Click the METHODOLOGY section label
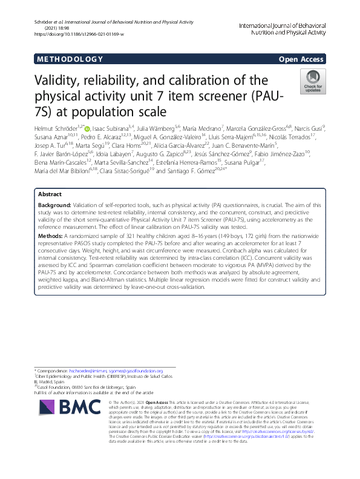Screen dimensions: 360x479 tap(70, 59)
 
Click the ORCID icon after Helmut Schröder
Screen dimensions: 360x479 tap(87, 128)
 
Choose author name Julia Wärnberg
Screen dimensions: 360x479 tap(158, 128)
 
